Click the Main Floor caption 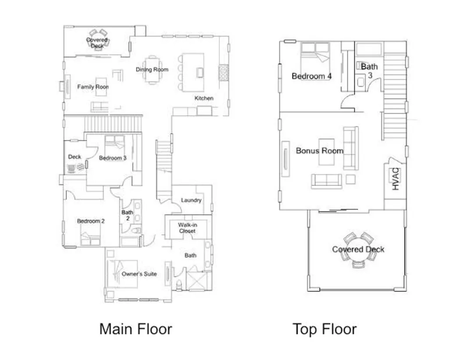(135, 329)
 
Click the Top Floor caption (324, 329)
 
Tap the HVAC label (396, 179)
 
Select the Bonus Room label (319, 150)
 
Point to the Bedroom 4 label (312, 76)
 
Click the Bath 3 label (369, 71)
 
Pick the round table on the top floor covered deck (358, 249)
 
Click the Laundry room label (191, 200)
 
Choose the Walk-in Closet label (187, 228)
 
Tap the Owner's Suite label (139, 274)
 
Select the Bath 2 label (127, 215)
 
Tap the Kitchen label (204, 98)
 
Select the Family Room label (93, 87)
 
